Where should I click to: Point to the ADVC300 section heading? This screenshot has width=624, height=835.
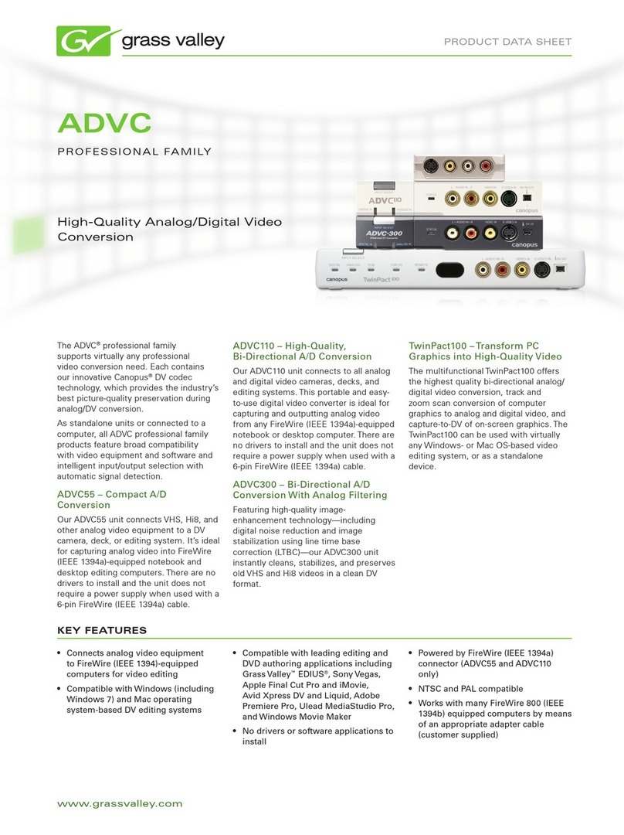tap(310, 489)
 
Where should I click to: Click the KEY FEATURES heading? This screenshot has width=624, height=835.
tap(102, 630)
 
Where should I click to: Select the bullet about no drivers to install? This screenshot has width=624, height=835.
tap(317, 736)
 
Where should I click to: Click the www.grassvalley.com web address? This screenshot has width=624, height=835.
tap(120, 803)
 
